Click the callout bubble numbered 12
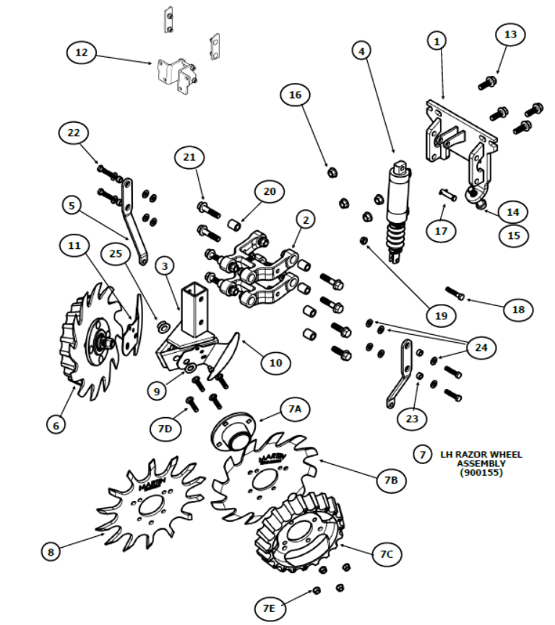[x=81, y=53]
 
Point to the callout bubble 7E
[x=269, y=609]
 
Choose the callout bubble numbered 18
[x=519, y=309]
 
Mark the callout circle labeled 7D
[x=165, y=429]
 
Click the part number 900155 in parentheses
[x=481, y=473]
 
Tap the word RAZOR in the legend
[x=476, y=455]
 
